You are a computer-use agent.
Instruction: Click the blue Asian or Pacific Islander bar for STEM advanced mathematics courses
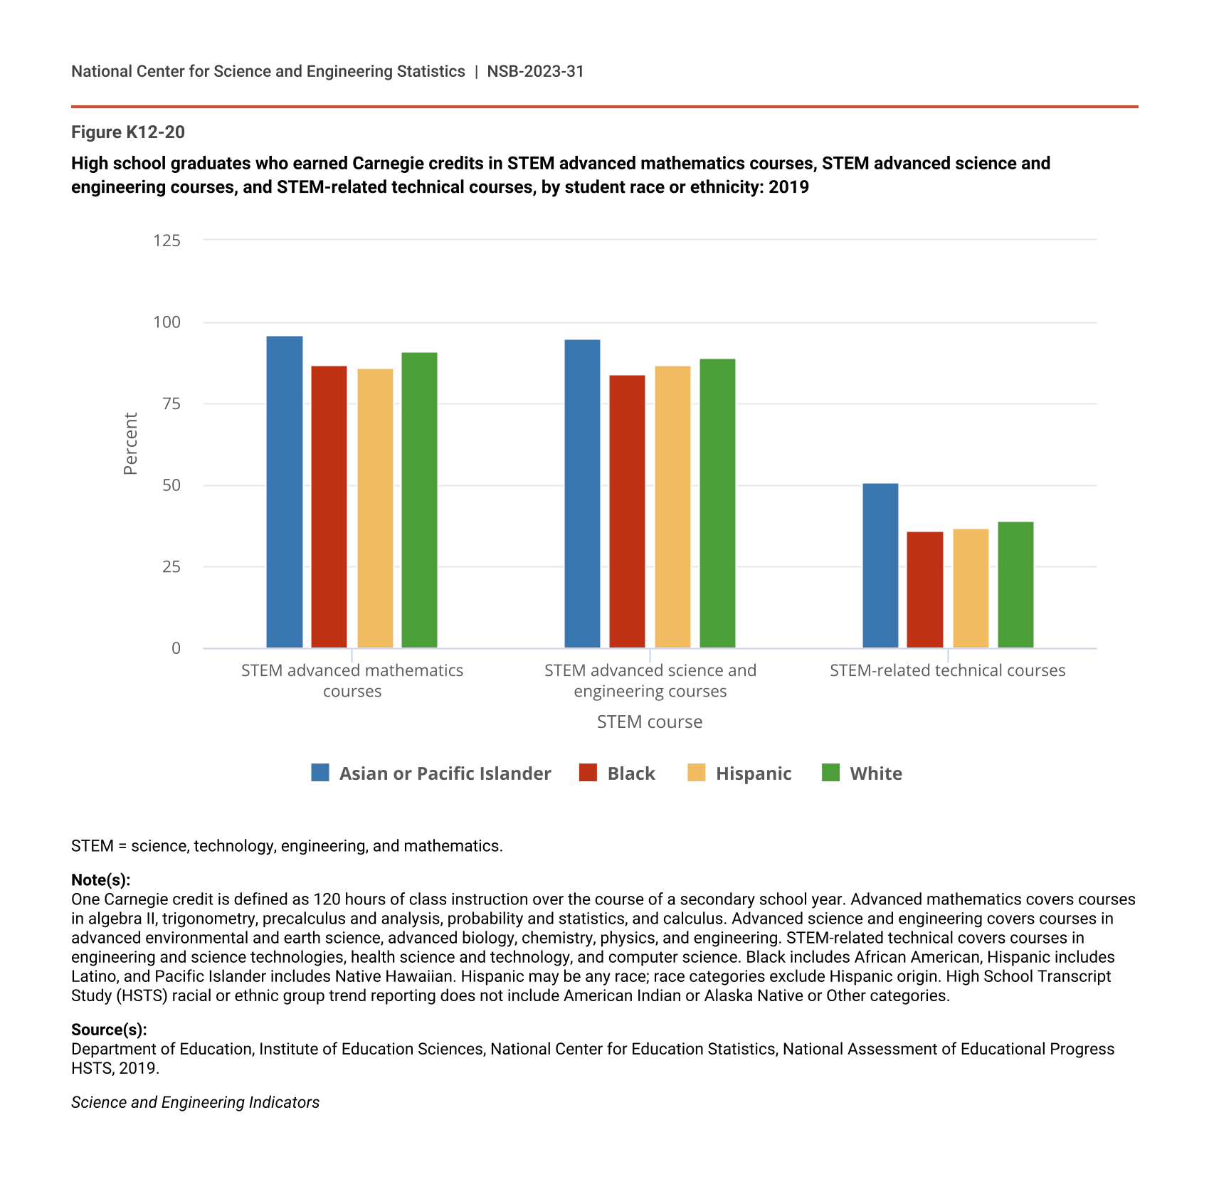(x=284, y=491)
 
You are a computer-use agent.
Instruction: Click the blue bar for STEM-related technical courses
(x=880, y=566)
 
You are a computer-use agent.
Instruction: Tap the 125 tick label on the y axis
(x=167, y=241)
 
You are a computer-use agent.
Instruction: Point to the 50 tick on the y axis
(x=171, y=485)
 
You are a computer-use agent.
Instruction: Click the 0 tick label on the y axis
(x=176, y=648)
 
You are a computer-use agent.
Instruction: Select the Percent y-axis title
(x=130, y=443)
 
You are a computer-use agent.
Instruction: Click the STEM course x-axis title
(x=649, y=722)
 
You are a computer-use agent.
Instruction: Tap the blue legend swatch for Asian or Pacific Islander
(x=320, y=773)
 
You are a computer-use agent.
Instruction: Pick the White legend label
(x=875, y=773)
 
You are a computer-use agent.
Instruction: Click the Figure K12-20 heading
(x=128, y=132)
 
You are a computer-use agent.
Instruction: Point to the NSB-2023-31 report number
(x=535, y=71)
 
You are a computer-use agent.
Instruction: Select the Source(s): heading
(x=109, y=1030)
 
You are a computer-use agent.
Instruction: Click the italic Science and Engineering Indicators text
(x=195, y=1102)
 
